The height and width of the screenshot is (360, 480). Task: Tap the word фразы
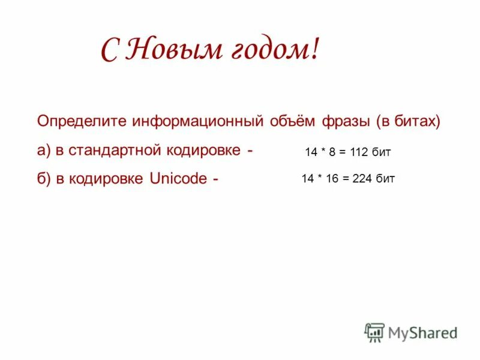pyautogui.click(x=347, y=121)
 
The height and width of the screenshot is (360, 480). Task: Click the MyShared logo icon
pyautogui.click(x=374, y=332)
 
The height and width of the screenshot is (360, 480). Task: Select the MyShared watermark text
pyautogui.click(x=422, y=332)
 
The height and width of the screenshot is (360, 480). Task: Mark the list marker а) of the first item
pyautogui.click(x=44, y=150)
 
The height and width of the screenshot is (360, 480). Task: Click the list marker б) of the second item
pyautogui.click(x=44, y=179)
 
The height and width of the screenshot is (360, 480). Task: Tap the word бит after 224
pyautogui.click(x=385, y=178)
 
